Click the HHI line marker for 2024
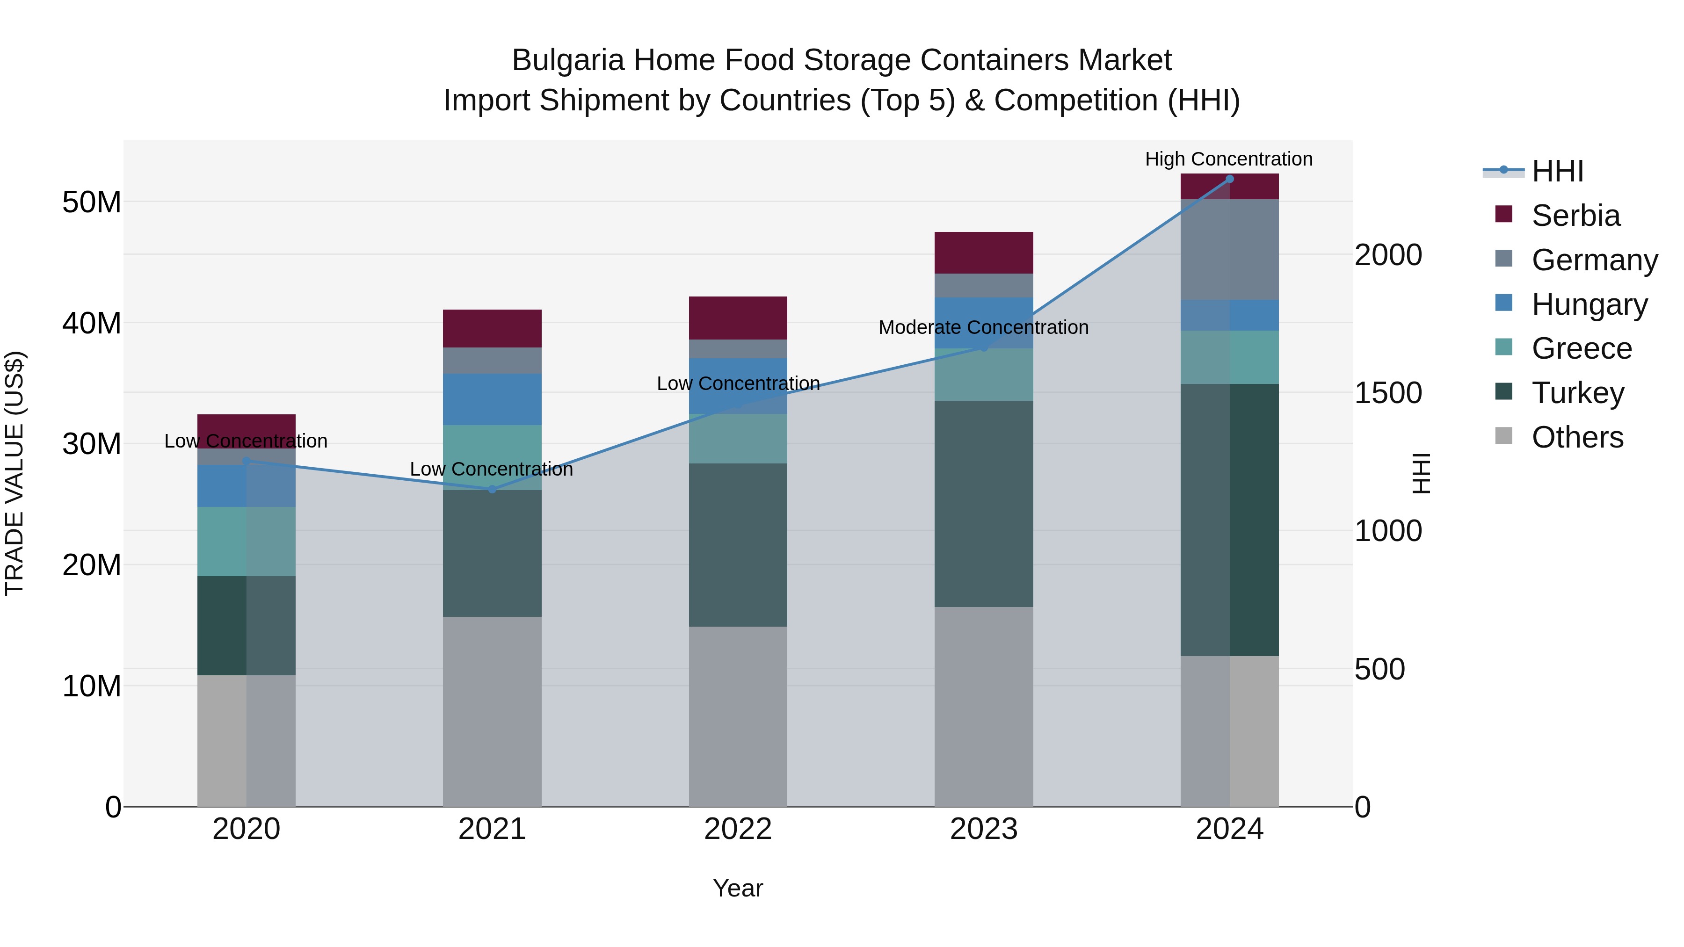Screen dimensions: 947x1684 point(1229,179)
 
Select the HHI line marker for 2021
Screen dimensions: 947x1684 point(492,489)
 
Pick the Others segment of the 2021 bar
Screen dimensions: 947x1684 point(492,711)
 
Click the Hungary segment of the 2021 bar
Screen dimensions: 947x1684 point(492,399)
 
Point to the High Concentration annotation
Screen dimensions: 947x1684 point(1228,159)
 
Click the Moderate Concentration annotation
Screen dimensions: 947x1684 point(983,327)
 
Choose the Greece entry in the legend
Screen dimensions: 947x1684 point(1582,348)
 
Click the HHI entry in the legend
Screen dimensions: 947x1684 point(1557,171)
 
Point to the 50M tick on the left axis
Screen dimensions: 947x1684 point(92,202)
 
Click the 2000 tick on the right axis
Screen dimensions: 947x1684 point(1388,255)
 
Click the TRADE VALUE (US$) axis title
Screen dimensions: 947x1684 point(15,473)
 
